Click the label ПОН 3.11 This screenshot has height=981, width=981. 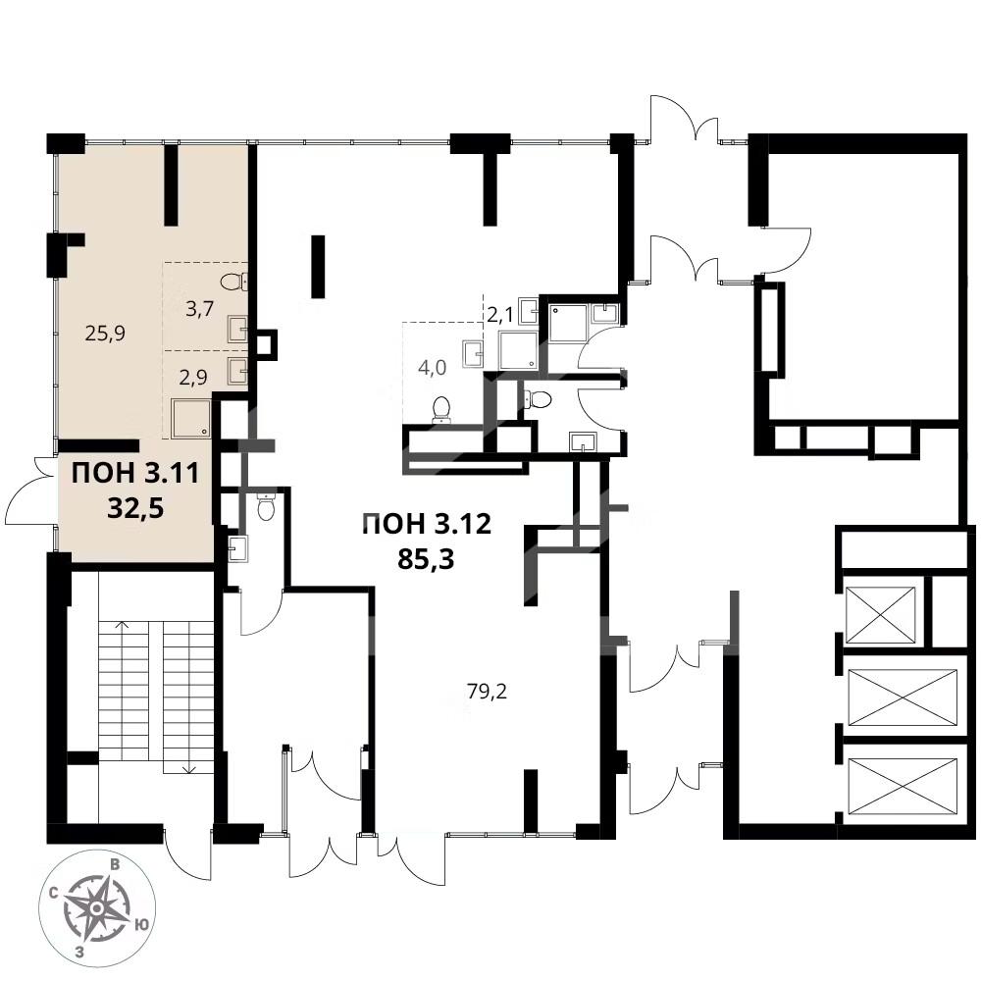[135, 473]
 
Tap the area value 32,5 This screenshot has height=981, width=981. [135, 508]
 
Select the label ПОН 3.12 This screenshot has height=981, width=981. [428, 524]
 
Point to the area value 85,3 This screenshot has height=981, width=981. [426, 559]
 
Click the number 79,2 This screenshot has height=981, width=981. [487, 692]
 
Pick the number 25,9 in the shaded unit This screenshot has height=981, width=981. [105, 333]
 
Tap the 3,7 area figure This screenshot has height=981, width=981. [200, 308]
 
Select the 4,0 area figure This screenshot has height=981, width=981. [432, 368]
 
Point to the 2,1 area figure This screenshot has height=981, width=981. [500, 315]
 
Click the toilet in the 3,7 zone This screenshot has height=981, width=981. [234, 282]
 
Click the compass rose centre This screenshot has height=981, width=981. [96, 906]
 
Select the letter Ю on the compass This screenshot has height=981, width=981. [142, 924]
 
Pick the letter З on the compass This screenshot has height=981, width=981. [79, 953]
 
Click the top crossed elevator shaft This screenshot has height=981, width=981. [880, 615]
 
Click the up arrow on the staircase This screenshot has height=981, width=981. [124, 626]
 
